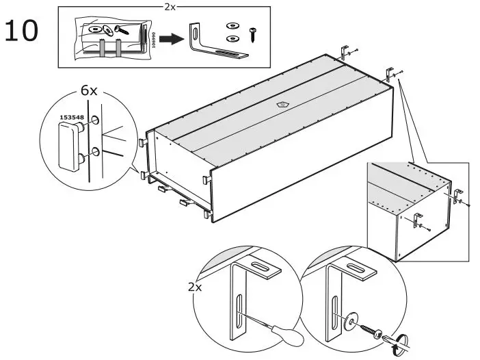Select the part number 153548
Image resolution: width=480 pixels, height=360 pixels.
point(71,117)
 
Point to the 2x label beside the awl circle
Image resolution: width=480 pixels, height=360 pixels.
point(196,287)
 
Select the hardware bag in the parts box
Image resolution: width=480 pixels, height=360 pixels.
point(113,37)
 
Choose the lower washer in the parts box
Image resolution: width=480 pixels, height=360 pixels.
point(232,39)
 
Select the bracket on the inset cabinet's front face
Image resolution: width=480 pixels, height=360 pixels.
point(416,220)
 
